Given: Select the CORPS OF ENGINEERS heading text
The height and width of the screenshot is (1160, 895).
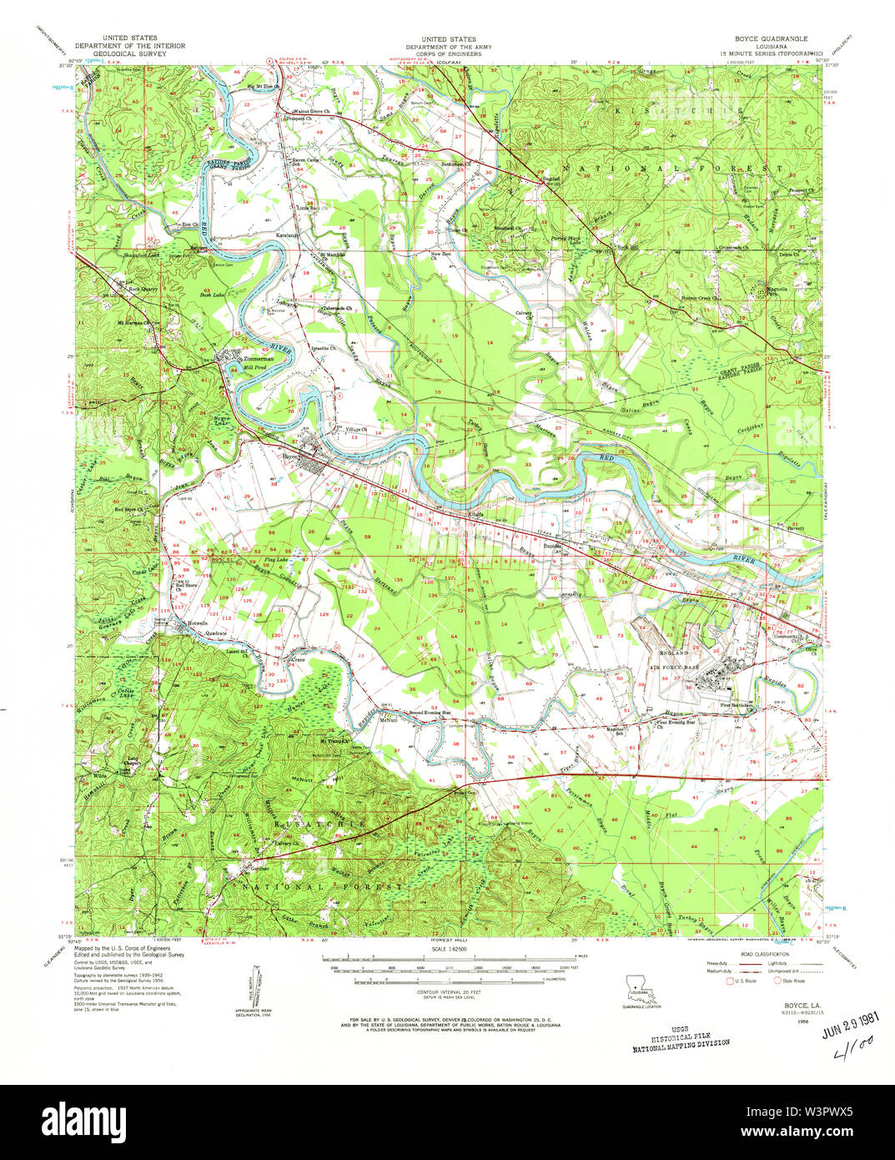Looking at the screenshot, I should [449, 53].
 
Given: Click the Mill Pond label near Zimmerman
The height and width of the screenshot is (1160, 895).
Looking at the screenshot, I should [254, 367].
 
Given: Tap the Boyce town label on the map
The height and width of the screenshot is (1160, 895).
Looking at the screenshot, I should [290, 456].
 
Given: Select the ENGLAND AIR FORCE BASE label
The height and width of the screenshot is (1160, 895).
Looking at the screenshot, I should [675, 659].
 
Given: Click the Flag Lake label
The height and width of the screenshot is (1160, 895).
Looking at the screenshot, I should [276, 560].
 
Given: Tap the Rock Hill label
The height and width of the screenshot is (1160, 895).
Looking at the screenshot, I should [627, 247].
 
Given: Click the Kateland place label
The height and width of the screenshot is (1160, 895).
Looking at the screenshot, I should [287, 236].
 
